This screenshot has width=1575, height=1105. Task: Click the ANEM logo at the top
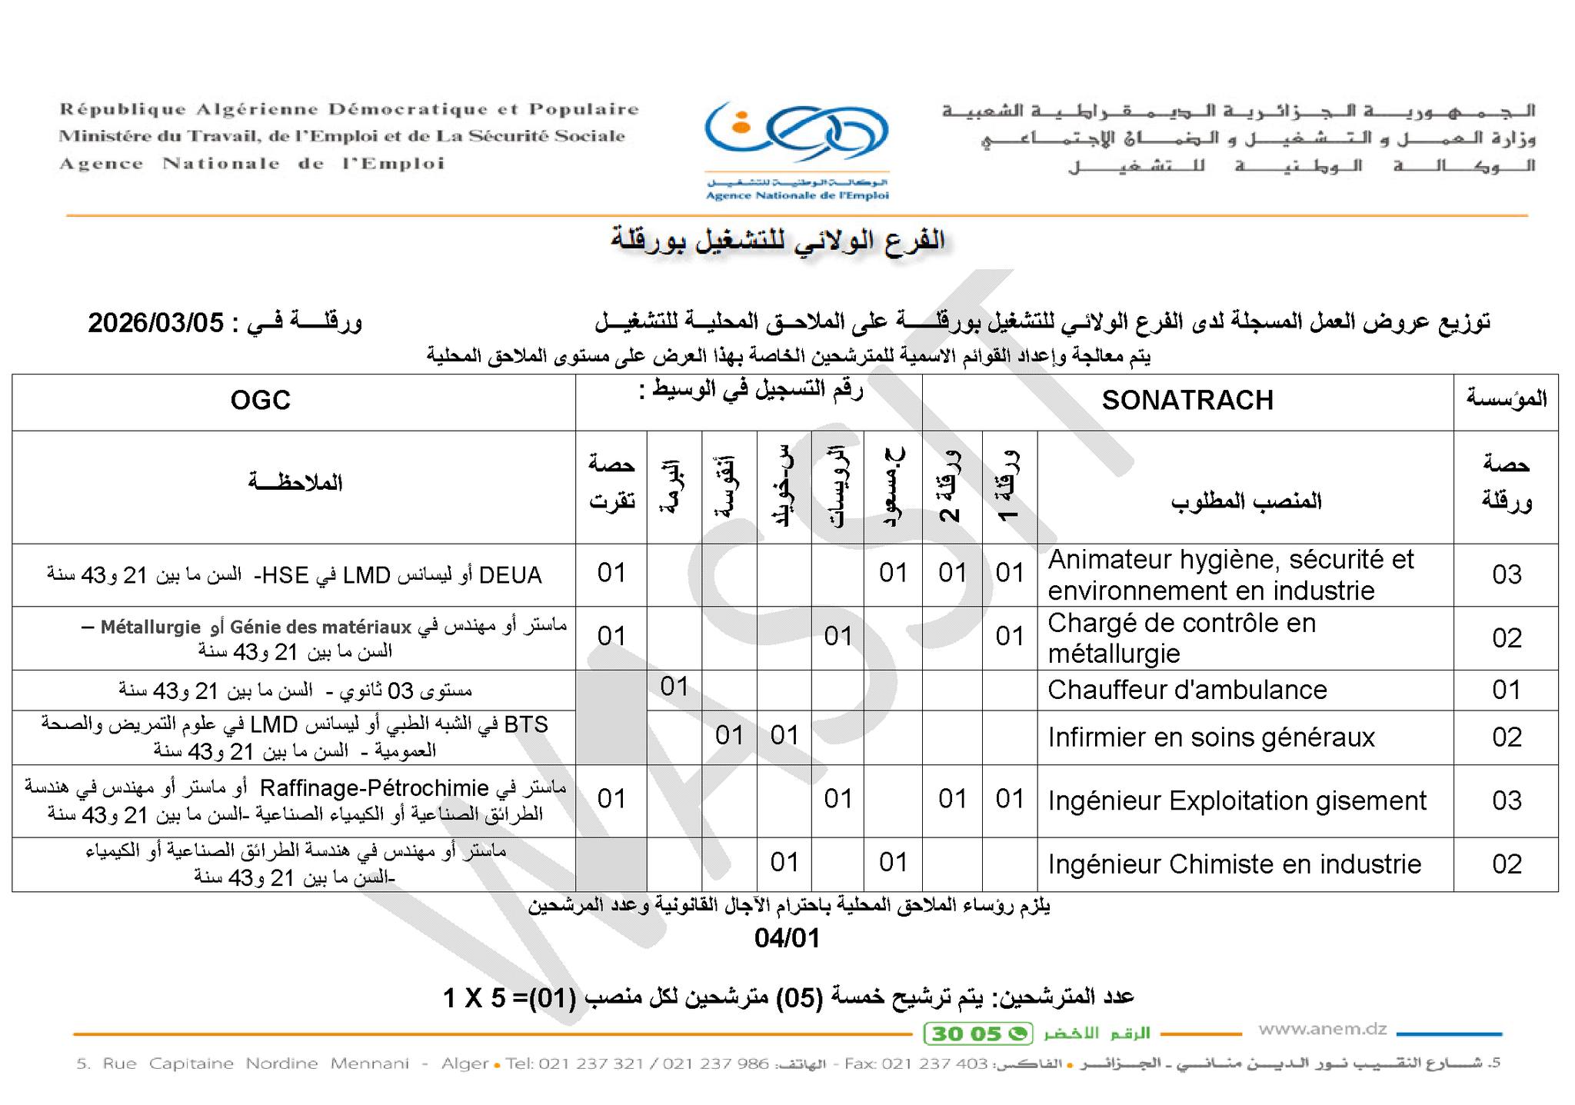797,150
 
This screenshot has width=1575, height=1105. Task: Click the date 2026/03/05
155,322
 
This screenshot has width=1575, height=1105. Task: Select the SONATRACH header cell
1187,401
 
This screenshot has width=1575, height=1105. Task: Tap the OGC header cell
261,401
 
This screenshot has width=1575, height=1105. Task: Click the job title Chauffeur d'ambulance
1187,690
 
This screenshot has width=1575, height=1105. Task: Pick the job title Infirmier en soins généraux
1210,737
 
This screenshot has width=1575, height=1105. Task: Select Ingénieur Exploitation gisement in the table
1237,800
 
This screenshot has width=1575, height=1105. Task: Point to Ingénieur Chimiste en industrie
1234,864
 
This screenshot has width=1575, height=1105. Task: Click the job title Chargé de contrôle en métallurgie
1181,637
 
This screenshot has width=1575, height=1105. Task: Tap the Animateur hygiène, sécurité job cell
1230,574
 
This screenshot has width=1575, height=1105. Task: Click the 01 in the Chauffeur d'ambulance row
674,686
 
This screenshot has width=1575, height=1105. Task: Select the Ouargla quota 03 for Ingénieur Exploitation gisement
1507,800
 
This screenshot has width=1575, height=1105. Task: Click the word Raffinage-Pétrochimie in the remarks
375,788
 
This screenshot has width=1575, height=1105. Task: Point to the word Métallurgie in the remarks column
151,627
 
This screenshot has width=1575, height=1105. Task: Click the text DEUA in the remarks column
510,575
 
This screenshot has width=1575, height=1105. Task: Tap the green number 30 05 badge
977,1033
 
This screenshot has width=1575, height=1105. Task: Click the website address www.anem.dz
1322,1029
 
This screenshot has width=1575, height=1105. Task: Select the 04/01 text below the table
787,938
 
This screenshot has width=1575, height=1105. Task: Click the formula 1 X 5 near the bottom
474,998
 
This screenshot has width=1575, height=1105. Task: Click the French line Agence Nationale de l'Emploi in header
252,164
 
